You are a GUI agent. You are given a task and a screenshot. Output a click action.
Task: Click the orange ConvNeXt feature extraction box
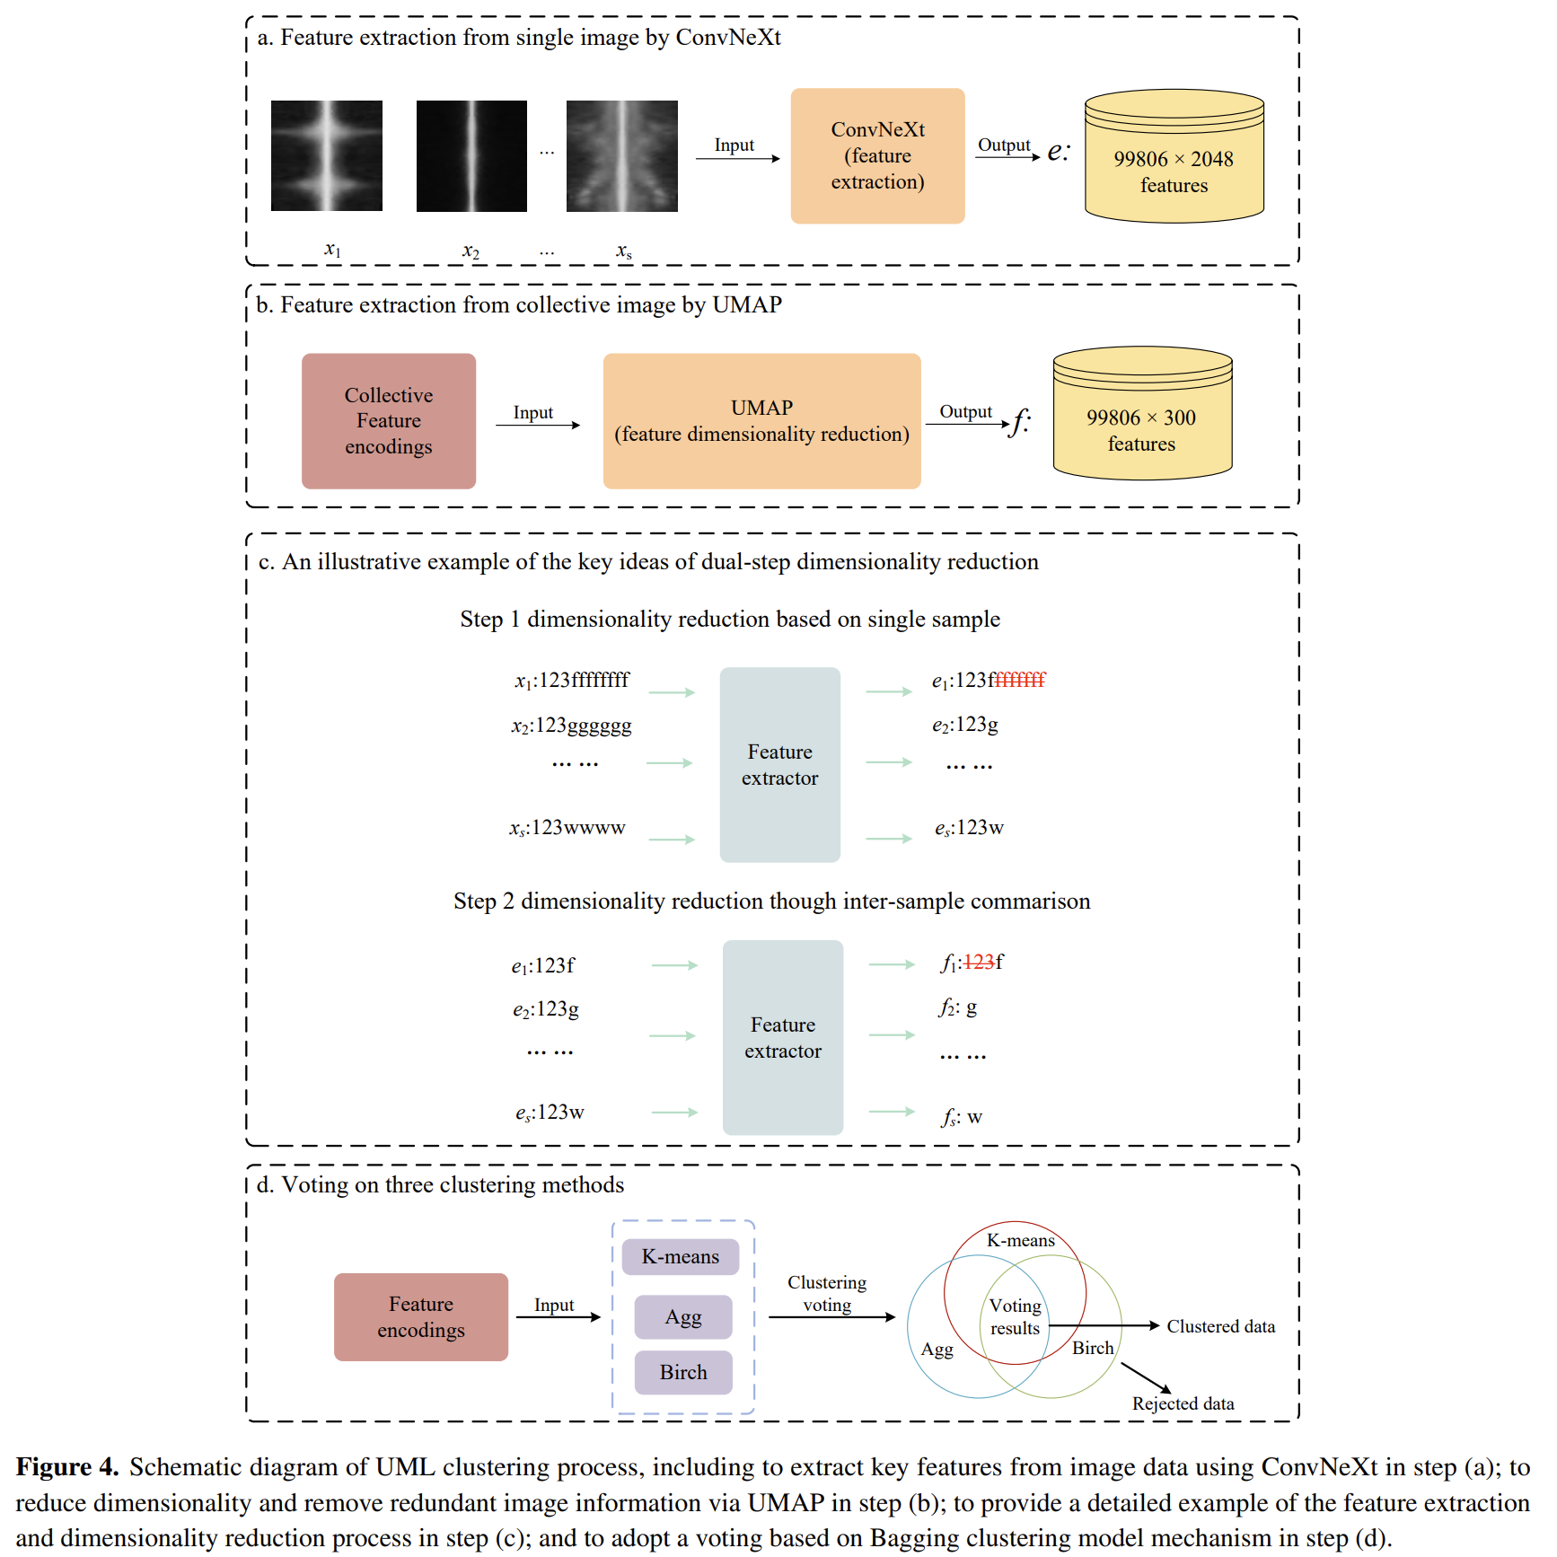pyautogui.click(x=877, y=155)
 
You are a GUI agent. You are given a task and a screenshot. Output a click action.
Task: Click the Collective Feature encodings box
pyautogui.click(x=388, y=421)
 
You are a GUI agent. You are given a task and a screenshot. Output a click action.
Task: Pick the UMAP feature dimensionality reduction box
pyautogui.click(x=761, y=421)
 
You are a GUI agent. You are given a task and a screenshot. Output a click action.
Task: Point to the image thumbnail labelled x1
pyautogui.click(x=327, y=155)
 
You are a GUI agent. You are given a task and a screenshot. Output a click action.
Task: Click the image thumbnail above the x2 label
pyautogui.click(x=471, y=155)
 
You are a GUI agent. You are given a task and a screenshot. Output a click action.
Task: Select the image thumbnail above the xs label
pyautogui.click(x=621, y=155)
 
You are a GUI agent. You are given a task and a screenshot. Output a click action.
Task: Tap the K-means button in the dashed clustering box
pyautogui.click(x=680, y=1256)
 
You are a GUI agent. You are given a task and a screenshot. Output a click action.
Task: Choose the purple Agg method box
pyautogui.click(x=682, y=1316)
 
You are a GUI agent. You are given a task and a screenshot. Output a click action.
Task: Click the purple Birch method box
pyautogui.click(x=682, y=1372)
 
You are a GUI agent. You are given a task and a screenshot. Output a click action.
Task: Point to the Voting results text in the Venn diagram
pyautogui.click(x=1015, y=1316)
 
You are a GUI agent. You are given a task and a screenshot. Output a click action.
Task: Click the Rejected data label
pyautogui.click(x=1183, y=1403)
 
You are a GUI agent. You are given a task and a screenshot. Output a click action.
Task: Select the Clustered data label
pyautogui.click(x=1220, y=1326)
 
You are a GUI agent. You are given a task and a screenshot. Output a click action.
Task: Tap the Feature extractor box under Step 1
pyautogui.click(x=779, y=764)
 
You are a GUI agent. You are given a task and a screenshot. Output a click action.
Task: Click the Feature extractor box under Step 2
pyautogui.click(x=782, y=1037)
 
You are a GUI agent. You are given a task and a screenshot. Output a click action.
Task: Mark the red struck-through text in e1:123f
pyautogui.click(x=1020, y=681)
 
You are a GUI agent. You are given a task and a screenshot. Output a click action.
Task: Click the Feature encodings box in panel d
pyautogui.click(x=420, y=1316)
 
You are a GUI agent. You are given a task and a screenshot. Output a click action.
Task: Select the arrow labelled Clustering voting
pyautogui.click(x=831, y=1317)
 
